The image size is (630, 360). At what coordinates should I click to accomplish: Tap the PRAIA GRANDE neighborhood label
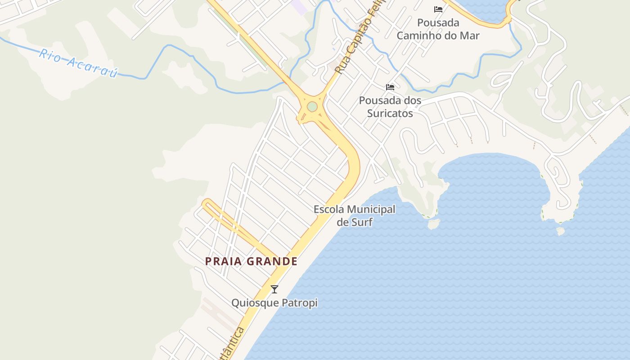251,261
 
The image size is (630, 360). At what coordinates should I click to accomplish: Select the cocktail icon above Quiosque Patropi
274,289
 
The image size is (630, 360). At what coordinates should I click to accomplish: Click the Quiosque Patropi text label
274,303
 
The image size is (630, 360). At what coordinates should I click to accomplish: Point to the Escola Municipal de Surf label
355,216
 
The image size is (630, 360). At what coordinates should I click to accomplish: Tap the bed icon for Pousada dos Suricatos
390,87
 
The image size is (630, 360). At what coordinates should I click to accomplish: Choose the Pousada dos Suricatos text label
390,107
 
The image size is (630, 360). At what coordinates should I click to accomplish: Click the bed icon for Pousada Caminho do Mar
438,9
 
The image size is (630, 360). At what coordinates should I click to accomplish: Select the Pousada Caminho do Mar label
438,29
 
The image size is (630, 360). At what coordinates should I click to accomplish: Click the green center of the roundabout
312,107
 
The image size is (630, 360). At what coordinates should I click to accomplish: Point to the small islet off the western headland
433,224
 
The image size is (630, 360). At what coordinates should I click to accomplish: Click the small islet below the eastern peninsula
560,231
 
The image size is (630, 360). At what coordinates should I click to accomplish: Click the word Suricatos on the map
390,113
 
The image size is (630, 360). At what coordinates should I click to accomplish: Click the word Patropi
300,303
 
